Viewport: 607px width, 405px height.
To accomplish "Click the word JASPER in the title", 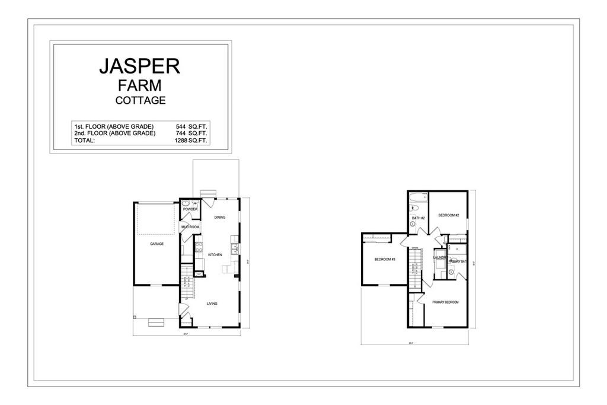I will [139, 66].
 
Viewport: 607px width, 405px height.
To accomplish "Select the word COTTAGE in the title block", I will [140, 100].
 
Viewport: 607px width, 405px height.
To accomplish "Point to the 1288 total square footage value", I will [180, 141].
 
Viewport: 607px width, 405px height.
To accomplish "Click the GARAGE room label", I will [156, 244].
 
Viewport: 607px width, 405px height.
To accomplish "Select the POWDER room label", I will [190, 209].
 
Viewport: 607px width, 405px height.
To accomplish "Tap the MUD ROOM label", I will [190, 227].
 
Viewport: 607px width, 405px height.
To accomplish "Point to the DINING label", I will [220, 218].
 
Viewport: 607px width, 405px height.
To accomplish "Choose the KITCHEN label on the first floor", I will [215, 254].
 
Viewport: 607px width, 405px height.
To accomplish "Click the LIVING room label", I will [212, 304].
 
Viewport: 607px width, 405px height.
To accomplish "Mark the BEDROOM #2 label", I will [449, 215].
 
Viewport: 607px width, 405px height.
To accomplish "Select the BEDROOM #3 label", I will [385, 260].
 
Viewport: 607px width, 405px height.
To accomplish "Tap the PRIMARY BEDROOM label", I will [445, 302].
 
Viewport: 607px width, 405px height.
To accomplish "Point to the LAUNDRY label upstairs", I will [439, 258].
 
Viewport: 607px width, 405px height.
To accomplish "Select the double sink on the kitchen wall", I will [235, 248].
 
